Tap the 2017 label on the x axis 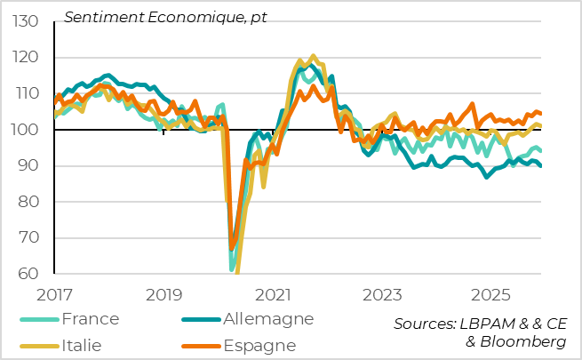(x=54, y=293)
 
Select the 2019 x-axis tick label (x=163, y=293)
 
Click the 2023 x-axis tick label (x=383, y=293)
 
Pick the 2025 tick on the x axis (x=492, y=293)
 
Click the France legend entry (x=88, y=318)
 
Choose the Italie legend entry (x=80, y=344)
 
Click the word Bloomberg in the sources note (x=521, y=342)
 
